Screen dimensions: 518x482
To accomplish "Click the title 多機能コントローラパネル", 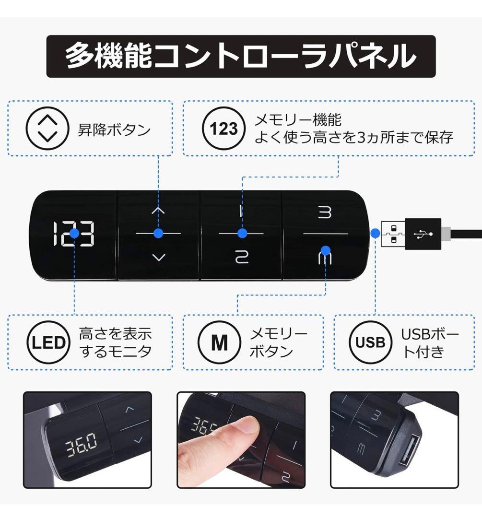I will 241,56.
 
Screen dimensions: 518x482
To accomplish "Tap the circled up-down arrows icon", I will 47,128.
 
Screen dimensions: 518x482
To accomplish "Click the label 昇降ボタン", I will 114,130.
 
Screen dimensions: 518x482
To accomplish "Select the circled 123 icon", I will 223,128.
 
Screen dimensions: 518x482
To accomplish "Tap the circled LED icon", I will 48,342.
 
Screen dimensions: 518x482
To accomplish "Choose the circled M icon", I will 220,342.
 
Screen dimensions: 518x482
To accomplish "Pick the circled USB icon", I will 370,342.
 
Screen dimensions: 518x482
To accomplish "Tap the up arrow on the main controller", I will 158,210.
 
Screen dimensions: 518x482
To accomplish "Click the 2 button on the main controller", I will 241,257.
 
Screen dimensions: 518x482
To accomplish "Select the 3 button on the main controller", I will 325,212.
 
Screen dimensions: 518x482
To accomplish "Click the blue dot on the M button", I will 326,250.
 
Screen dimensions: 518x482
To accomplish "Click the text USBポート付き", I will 429,342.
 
